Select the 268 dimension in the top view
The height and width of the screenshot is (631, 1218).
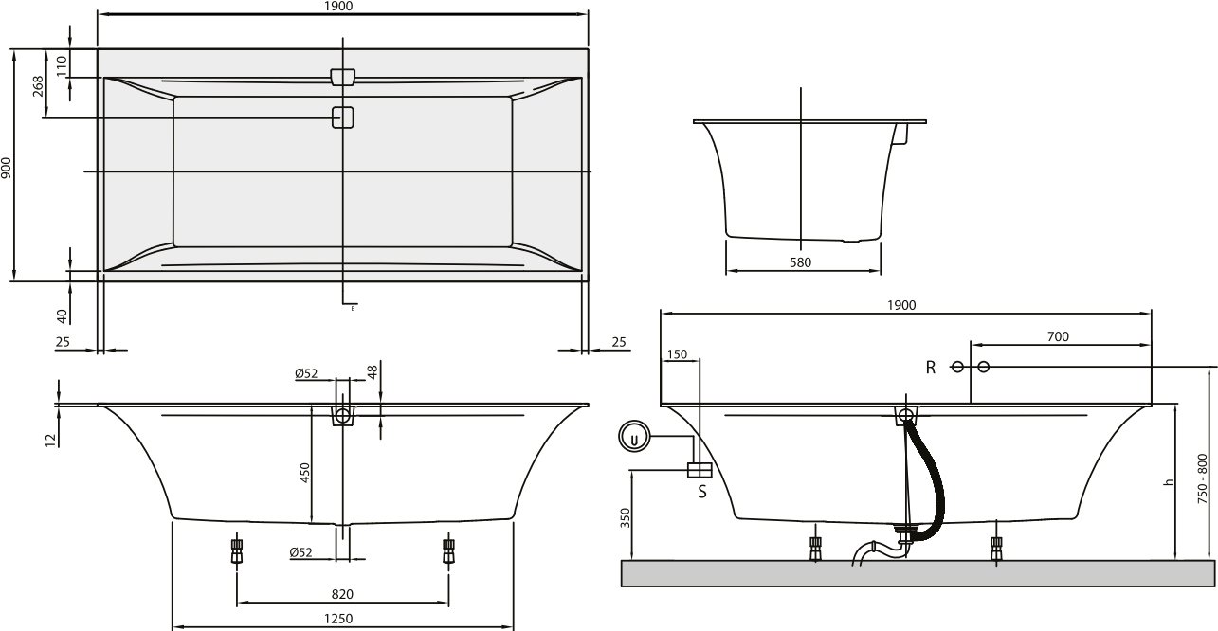pos(39,87)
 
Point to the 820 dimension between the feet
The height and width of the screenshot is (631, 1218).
pos(342,594)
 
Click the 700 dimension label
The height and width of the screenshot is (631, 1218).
pos(1058,336)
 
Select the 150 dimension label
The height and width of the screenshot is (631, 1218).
pos(677,354)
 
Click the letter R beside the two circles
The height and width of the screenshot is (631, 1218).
pos(931,368)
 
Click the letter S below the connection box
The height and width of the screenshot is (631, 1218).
pos(702,492)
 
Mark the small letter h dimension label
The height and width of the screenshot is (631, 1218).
pos(1169,482)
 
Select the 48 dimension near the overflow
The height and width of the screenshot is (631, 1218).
pos(373,372)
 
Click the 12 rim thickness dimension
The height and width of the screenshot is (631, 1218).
pos(50,438)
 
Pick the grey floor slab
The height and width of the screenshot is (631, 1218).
pos(917,573)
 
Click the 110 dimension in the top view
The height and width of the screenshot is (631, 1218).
pos(61,64)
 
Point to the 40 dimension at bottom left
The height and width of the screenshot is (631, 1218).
pos(61,315)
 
